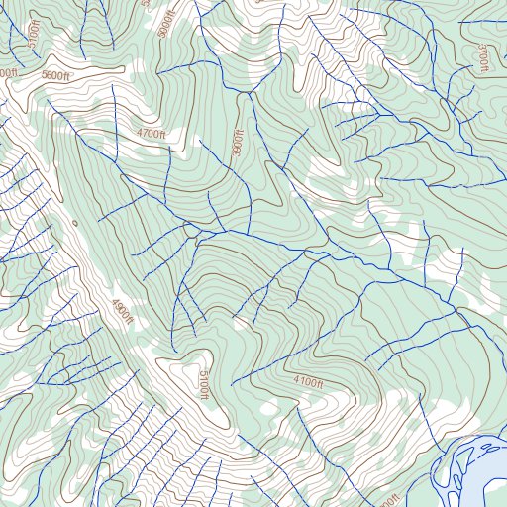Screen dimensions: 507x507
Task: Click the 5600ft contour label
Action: (56, 75)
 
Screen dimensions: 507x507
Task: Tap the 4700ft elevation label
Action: (152, 133)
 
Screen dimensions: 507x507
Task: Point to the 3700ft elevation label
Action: (482, 57)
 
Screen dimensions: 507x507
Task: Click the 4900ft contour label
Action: (121, 313)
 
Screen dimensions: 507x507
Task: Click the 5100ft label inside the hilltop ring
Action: (203, 385)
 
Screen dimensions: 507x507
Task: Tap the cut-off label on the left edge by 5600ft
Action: (6, 73)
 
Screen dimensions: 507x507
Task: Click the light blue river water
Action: (485, 475)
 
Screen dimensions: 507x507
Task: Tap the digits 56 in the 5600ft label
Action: (49, 75)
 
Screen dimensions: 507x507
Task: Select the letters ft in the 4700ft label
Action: (161, 134)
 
